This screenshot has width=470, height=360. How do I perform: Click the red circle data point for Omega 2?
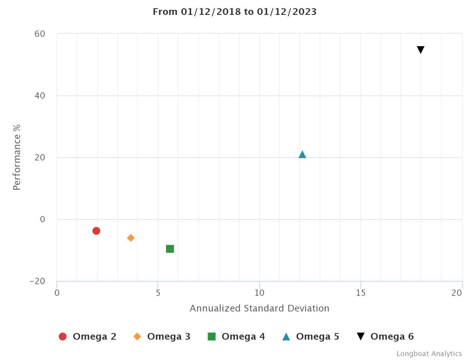click(96, 231)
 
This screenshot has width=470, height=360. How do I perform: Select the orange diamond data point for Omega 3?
click(131, 238)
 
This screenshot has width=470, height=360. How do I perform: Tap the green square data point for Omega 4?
click(170, 249)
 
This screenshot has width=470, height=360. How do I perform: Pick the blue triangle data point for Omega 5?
click(302, 155)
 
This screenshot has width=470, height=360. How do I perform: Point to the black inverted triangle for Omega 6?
click(421, 50)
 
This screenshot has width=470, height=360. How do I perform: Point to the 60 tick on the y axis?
click(40, 34)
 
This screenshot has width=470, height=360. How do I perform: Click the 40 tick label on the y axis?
click(40, 96)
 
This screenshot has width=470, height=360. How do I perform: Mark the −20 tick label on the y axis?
click(37, 281)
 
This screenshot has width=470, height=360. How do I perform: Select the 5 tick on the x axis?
click(158, 293)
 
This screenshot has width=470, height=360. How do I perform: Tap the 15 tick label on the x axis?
click(361, 293)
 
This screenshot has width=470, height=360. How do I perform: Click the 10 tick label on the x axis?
click(259, 293)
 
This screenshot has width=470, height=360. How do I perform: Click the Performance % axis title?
click(16, 157)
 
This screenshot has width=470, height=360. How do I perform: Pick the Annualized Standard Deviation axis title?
click(259, 308)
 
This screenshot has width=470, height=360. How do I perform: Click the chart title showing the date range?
click(235, 12)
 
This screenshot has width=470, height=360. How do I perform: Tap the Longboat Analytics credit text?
click(429, 354)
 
